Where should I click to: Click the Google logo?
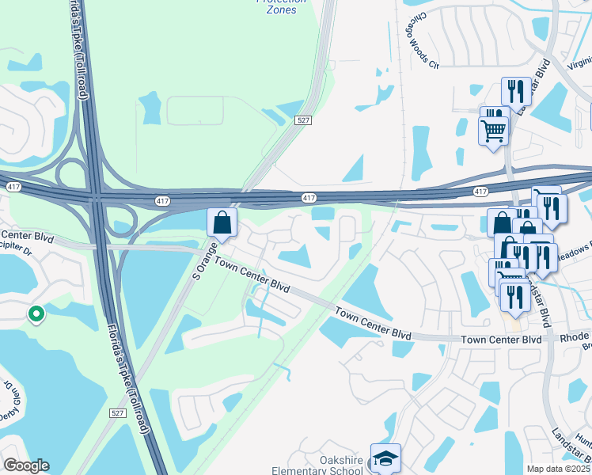click(x=26, y=465)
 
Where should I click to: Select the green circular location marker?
click(x=36, y=315)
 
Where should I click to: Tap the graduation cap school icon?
click(x=385, y=458)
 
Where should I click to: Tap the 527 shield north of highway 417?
click(x=302, y=120)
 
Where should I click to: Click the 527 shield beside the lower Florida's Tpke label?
click(x=117, y=413)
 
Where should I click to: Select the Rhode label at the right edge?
click(x=575, y=338)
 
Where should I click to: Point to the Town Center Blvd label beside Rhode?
click(x=503, y=339)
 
